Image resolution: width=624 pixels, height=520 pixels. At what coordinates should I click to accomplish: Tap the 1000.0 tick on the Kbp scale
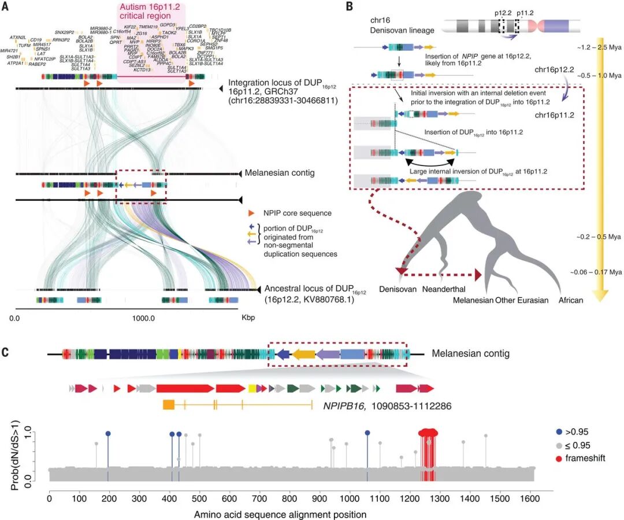[x=142, y=318]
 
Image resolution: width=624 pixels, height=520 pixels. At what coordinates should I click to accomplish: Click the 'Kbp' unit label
[x=247, y=318]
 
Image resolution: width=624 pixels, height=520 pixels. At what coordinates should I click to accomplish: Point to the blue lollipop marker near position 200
[x=108, y=433]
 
